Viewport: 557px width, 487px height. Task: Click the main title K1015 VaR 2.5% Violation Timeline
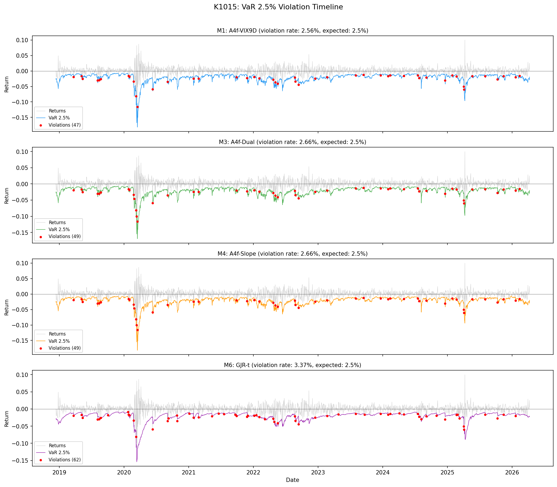(278, 7)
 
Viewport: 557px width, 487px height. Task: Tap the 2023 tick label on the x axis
(318, 473)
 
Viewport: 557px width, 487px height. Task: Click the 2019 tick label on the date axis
(59, 473)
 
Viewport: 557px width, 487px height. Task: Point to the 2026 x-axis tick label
(512, 473)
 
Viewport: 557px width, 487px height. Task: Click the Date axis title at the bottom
(292, 480)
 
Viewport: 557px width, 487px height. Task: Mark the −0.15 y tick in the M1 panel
(20, 118)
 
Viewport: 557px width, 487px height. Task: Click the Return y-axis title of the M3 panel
(7, 195)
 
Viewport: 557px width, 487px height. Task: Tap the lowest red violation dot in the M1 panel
(137, 107)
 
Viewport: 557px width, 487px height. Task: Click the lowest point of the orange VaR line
(137, 350)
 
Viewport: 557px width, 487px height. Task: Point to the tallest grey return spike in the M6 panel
(465, 375)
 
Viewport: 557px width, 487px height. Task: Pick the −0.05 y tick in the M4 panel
(20, 310)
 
